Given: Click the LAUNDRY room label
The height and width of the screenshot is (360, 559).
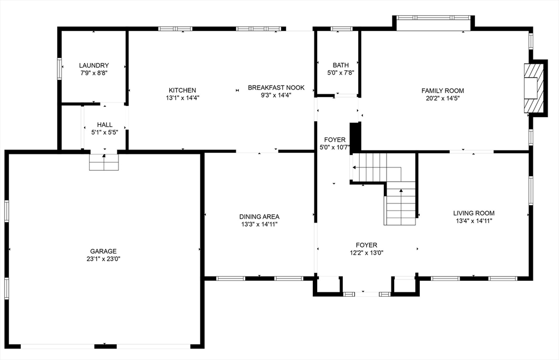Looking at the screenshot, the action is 94,65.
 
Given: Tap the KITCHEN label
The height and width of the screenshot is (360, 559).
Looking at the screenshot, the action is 182,91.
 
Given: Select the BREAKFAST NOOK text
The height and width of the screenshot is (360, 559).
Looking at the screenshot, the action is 276,88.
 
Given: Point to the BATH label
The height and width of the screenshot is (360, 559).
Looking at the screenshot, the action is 341,65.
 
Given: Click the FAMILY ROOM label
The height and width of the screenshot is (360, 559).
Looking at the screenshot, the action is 443,91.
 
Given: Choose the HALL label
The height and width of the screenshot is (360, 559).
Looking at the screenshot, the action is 105,124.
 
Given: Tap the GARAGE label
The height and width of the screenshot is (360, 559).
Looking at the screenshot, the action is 103,251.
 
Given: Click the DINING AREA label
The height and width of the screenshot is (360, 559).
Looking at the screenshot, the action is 259,217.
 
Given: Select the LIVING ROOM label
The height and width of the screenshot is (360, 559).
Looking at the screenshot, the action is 474,213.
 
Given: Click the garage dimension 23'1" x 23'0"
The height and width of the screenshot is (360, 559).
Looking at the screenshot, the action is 103,259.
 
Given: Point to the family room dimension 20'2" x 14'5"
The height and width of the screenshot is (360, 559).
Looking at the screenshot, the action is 443,99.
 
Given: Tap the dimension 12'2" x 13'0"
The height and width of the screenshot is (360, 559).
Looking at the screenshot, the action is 366,253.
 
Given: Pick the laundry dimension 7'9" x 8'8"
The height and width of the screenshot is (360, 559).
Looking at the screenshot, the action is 94,73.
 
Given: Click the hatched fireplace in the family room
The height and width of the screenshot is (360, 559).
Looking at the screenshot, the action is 535,88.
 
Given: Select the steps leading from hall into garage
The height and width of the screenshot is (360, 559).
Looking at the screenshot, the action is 103,162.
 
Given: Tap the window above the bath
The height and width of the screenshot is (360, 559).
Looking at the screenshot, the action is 342,29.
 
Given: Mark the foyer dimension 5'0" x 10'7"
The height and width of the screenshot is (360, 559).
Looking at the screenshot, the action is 335,147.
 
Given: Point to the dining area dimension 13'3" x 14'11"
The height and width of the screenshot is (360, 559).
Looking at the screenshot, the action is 259,224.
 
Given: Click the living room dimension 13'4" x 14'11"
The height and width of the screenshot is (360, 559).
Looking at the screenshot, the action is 474,221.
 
